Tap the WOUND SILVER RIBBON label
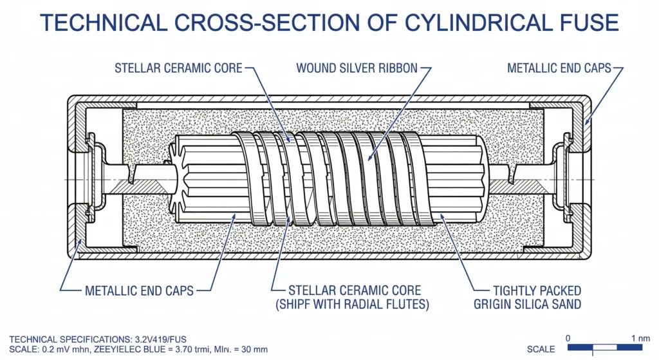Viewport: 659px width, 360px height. (x=357, y=68)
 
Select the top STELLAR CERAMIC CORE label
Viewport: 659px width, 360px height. (x=179, y=68)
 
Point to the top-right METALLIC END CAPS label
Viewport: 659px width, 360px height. (x=559, y=68)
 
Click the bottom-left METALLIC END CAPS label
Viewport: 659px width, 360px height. (x=139, y=290)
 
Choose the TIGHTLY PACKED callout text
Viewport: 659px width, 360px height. (x=537, y=290)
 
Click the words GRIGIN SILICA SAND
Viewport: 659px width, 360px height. (x=528, y=304)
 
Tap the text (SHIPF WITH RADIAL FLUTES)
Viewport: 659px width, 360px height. (x=352, y=304)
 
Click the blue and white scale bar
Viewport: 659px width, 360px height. (x=605, y=347)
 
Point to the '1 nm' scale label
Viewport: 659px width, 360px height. (x=640, y=338)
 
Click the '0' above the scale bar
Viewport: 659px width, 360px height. (x=568, y=338)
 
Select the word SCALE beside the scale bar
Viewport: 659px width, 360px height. (x=541, y=349)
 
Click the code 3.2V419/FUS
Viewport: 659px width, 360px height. (x=160, y=339)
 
